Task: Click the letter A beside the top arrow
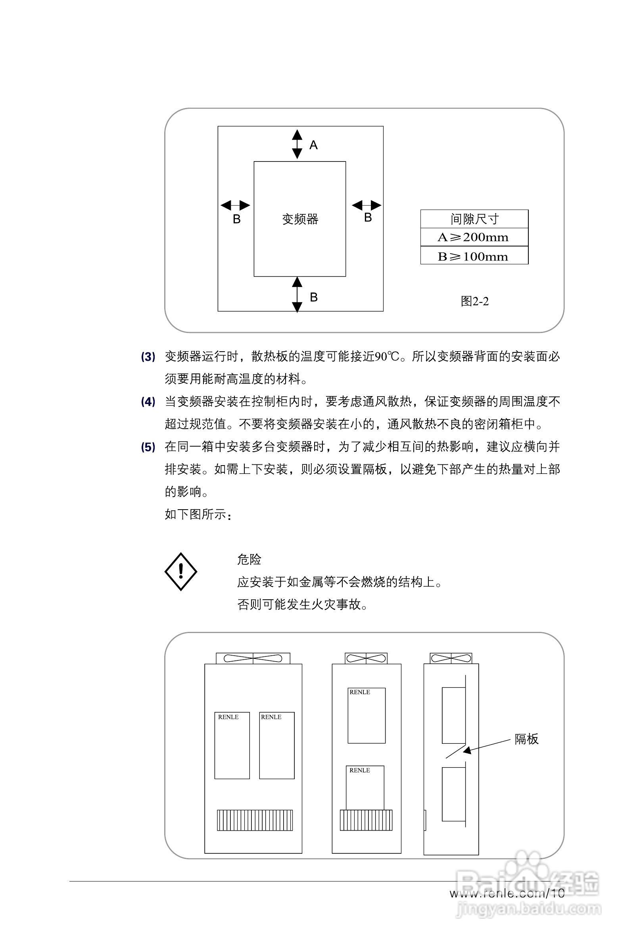[313, 145]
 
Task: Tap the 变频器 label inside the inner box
[300, 219]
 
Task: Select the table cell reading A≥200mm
[474, 237]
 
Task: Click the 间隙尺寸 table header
[474, 219]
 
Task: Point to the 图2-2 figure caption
[474, 301]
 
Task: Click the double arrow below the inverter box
[297, 295]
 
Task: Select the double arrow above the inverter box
[297, 144]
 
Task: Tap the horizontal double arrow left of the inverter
[235, 206]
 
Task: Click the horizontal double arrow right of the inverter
[366, 205]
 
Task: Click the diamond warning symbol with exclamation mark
[181, 571]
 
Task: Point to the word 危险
[249, 560]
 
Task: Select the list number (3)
[148, 357]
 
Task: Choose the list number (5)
[148, 447]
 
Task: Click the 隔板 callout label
[526, 739]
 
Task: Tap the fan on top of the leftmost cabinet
[253, 658]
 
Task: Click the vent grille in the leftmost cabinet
[255, 820]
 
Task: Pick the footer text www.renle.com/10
[507, 893]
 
